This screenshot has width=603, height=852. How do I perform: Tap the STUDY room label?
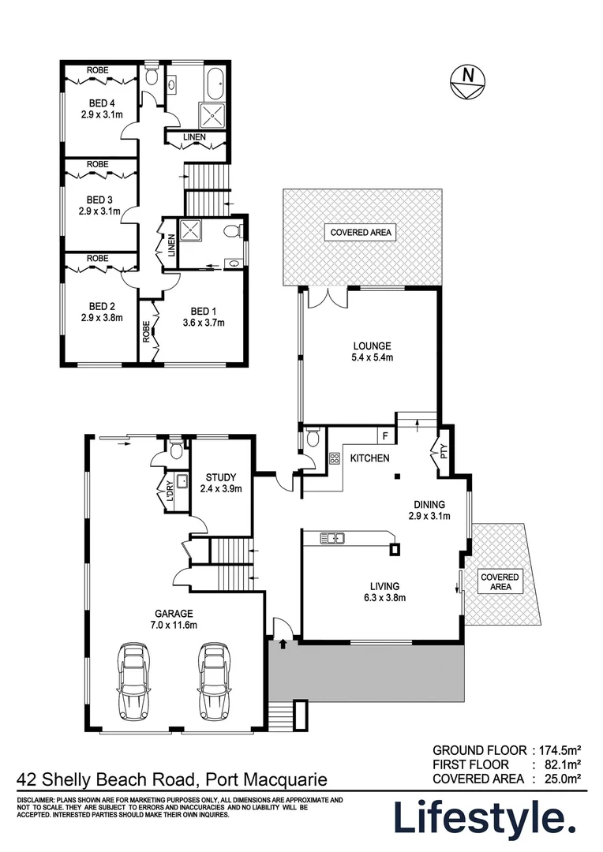click(220, 483)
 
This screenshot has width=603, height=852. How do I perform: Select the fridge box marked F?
click(385, 435)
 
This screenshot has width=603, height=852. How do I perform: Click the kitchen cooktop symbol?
click(333, 458)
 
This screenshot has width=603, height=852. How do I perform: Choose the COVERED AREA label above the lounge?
click(361, 232)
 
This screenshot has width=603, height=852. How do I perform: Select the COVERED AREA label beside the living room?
click(500, 582)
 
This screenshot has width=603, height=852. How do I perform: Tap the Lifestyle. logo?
click(485, 818)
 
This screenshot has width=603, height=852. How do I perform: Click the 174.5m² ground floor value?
click(560, 749)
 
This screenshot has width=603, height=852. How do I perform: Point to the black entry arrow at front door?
click(283, 645)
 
